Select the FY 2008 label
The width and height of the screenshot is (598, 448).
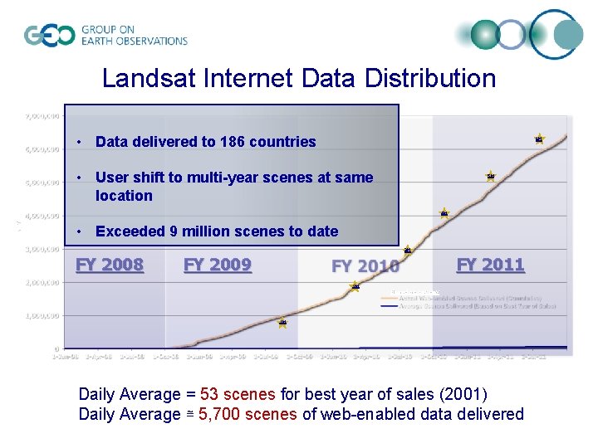(x=110, y=265)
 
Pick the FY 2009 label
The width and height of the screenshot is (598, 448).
(x=218, y=265)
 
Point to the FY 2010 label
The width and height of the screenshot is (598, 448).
(x=365, y=266)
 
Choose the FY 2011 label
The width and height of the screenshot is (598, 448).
(x=491, y=265)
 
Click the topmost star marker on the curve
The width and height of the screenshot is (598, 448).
(x=539, y=139)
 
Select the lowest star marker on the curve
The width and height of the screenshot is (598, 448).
(x=282, y=322)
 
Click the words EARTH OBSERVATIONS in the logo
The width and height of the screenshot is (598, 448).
(x=134, y=41)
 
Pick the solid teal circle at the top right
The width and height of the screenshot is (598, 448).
(x=485, y=34)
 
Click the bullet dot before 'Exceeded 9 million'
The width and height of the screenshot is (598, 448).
(x=78, y=231)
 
